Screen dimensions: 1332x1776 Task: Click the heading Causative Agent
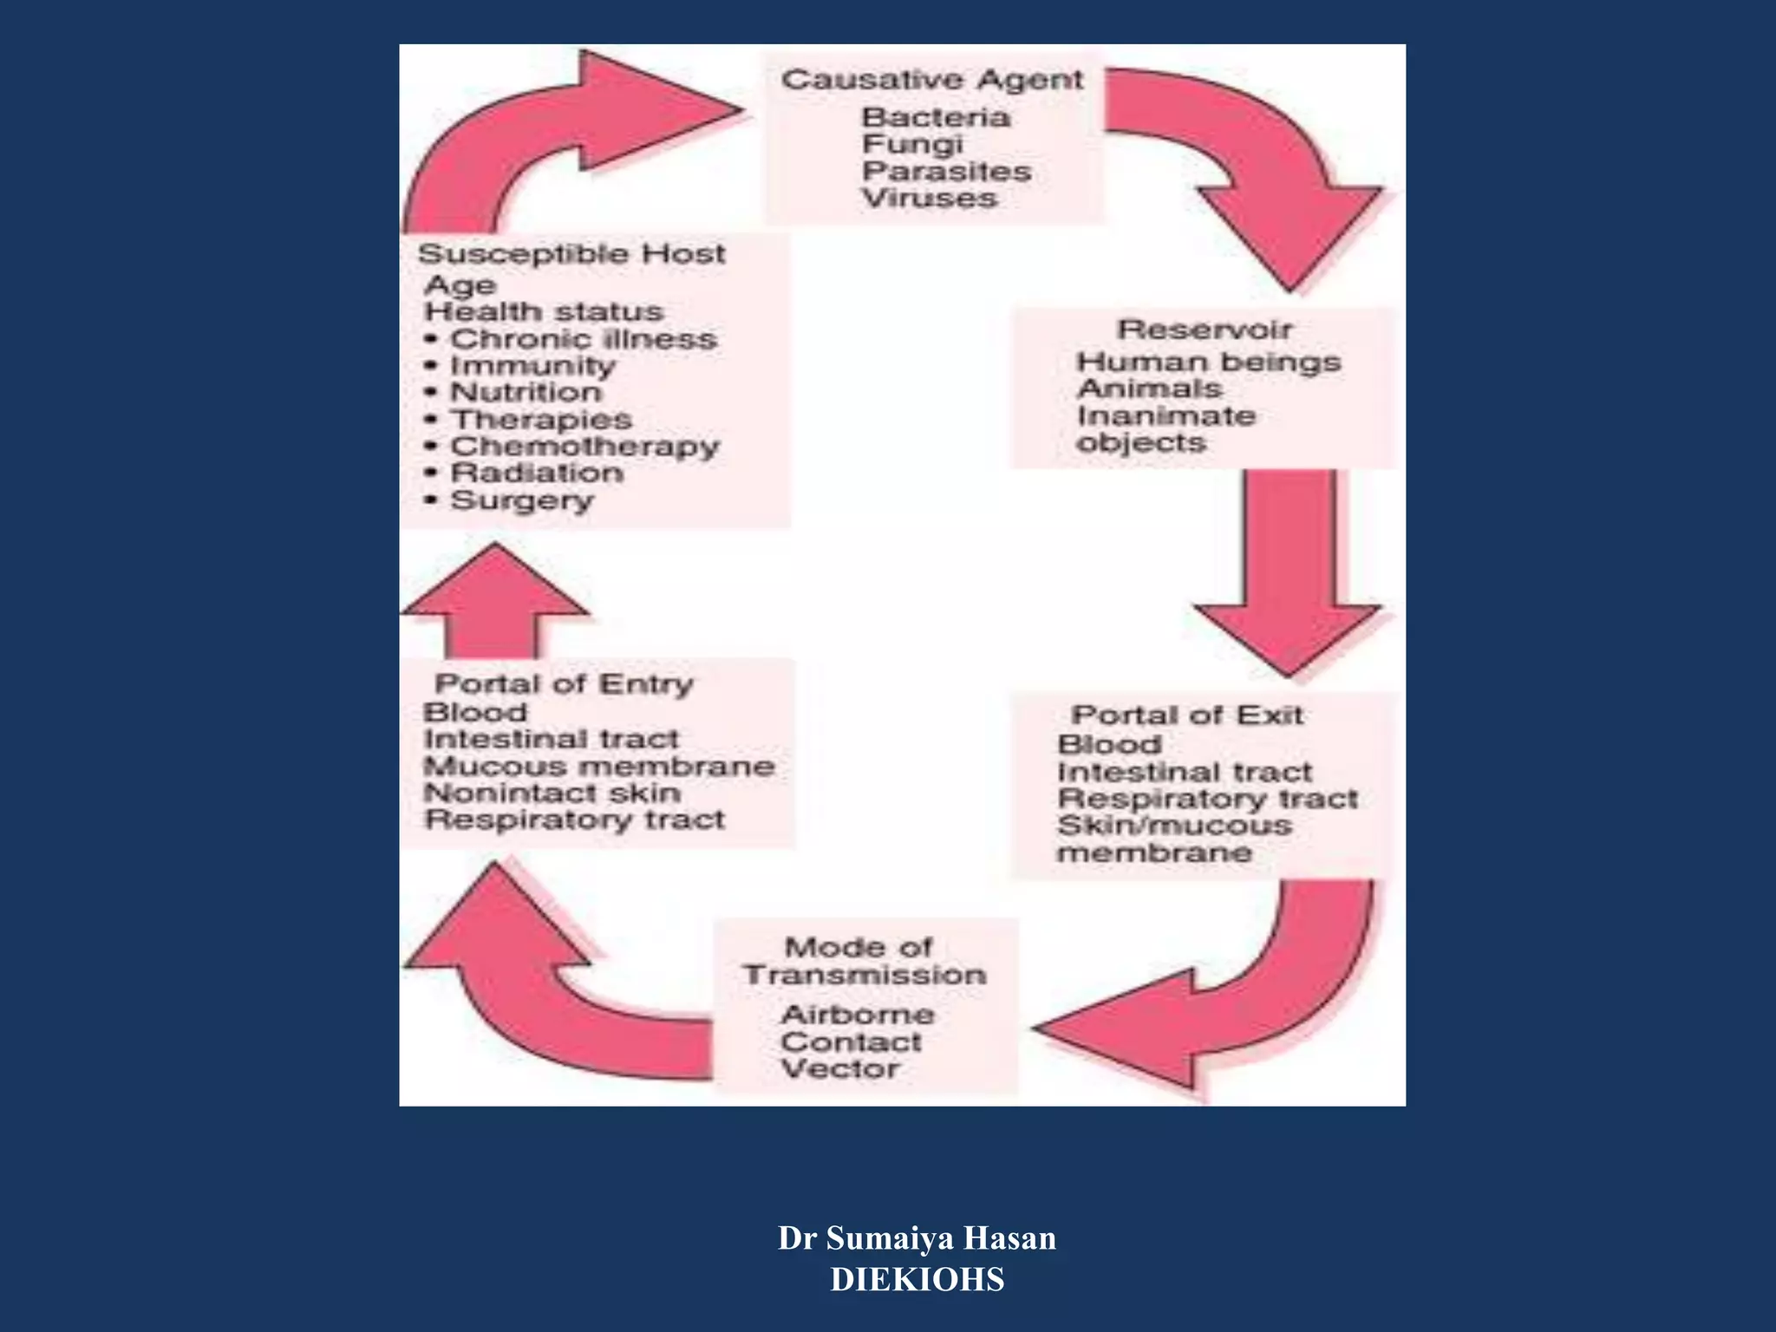[x=932, y=80]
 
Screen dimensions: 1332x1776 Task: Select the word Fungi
[x=912, y=144]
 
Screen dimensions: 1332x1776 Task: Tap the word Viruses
[x=930, y=199]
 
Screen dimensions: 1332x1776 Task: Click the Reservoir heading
[x=1205, y=330]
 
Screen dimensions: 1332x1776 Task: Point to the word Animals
[x=1150, y=388]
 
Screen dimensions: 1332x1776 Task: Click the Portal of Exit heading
[x=1187, y=715]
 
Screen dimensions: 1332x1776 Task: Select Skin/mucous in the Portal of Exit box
[x=1174, y=826]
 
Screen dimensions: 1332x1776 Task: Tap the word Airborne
[x=858, y=1015]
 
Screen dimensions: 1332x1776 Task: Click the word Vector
[x=839, y=1069]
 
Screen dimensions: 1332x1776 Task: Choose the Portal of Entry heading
[x=564, y=684]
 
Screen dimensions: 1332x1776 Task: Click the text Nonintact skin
[x=552, y=793]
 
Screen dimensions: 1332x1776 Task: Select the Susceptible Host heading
[x=571, y=254]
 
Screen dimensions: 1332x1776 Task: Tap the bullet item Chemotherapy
[x=585, y=447]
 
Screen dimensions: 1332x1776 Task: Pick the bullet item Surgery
[x=522, y=500]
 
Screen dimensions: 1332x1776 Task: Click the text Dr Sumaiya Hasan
[x=917, y=1238]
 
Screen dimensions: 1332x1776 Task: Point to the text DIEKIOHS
[x=917, y=1280]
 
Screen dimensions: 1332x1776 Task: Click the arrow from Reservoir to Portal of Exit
[x=1289, y=572]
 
